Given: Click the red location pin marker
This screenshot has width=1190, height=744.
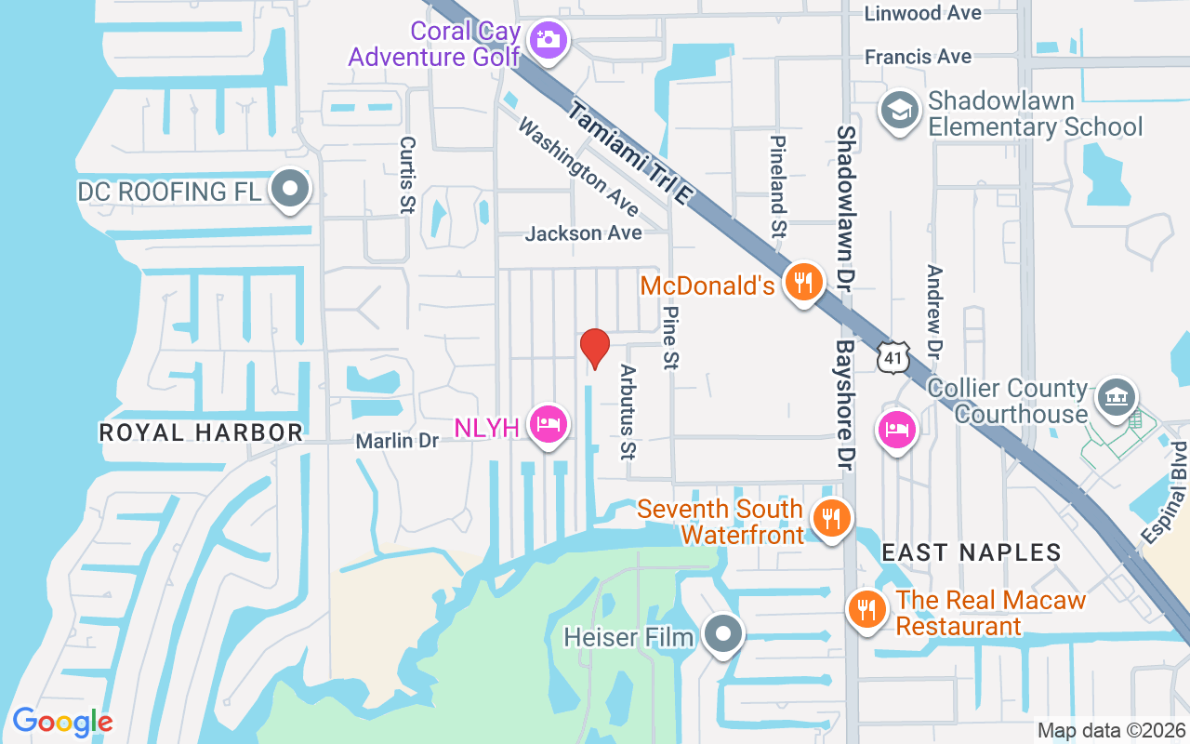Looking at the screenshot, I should [x=595, y=349].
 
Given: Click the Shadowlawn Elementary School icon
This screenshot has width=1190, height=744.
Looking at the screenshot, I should [x=899, y=111].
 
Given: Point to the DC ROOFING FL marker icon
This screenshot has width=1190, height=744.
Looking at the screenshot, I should [x=291, y=189].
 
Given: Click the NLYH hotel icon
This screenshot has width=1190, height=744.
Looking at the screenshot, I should [x=548, y=425].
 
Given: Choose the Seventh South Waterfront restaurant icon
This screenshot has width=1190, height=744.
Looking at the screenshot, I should [x=830, y=518].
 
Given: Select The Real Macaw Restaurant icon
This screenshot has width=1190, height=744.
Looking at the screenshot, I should [x=866, y=609].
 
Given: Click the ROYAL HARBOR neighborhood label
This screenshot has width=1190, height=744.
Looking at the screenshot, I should [x=201, y=432].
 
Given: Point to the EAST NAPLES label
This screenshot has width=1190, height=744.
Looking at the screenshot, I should [x=971, y=552].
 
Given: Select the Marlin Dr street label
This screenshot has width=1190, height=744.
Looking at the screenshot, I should [x=397, y=441].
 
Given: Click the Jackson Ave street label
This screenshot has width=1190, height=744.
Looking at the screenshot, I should [x=583, y=232].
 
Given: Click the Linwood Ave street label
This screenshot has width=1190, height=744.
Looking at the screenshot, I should [x=922, y=13].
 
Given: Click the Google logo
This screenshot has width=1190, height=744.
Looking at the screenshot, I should [x=62, y=721].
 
